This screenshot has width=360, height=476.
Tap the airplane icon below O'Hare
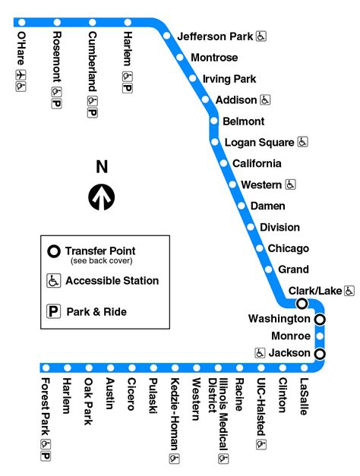coord(21,74)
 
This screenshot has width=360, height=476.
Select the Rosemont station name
coord(57,57)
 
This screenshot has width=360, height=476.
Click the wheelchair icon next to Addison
coord(266,99)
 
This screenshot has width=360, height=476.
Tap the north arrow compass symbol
coord(102,197)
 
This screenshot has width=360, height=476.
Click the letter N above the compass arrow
coord(102,167)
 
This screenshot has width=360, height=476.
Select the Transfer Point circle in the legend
coord(53,251)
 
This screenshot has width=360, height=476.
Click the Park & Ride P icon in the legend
coord(53,311)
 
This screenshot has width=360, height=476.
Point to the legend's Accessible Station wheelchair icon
coord(53,281)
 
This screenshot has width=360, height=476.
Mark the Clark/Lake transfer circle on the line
coord(302,304)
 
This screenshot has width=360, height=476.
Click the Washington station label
coord(279,319)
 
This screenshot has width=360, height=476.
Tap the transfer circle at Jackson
coord(320,354)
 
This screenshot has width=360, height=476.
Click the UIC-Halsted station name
coord(261,407)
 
